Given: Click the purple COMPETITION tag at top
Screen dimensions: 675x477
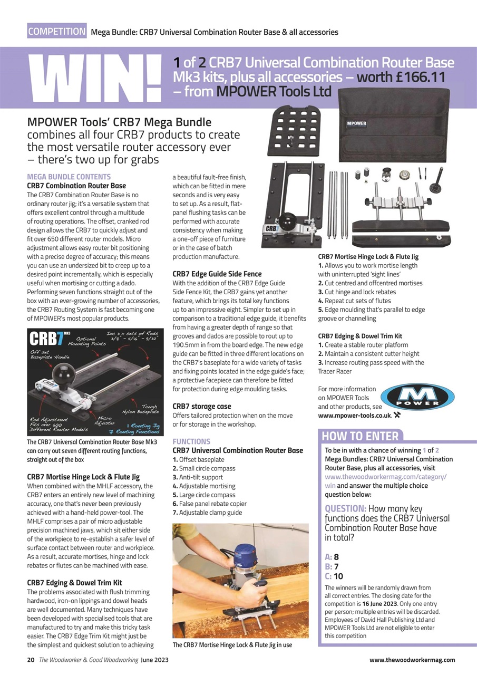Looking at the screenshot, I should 57,31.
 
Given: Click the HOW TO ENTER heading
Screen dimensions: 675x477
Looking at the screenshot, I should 360,436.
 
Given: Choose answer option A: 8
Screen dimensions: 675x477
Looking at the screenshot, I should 333,556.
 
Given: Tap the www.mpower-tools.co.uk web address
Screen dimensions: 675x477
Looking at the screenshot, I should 354,415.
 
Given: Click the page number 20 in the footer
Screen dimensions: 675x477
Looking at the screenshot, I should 31,660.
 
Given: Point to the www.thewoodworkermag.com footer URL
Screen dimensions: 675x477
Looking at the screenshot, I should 412,660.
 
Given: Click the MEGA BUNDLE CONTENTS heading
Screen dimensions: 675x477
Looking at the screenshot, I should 69,177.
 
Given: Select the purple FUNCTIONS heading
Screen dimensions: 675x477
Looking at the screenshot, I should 191,441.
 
